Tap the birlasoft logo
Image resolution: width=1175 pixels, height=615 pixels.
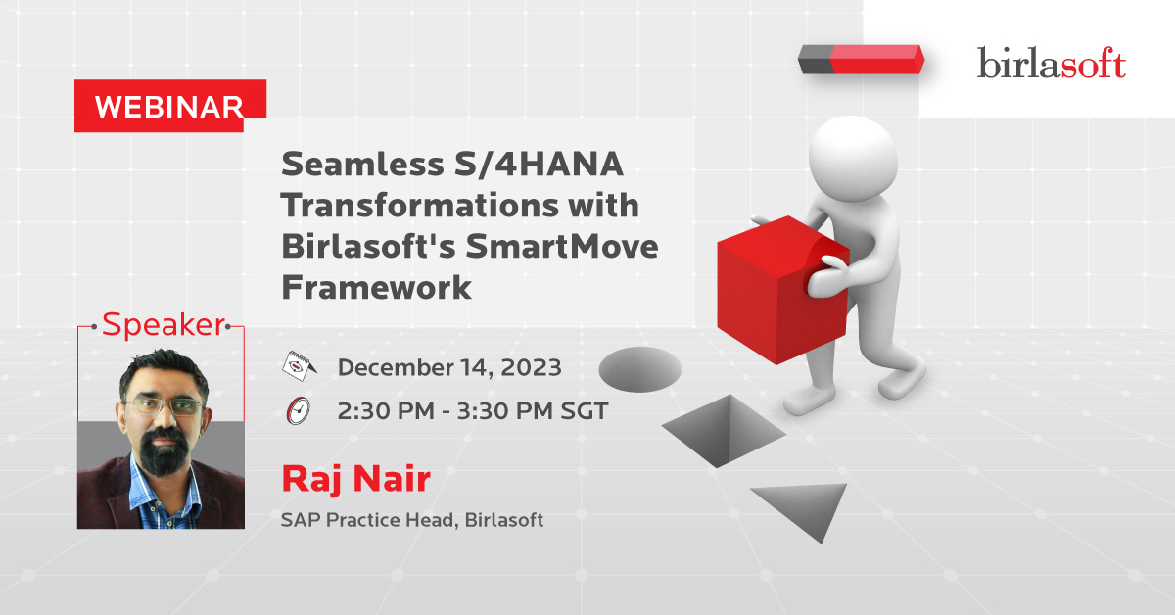[x=1052, y=63]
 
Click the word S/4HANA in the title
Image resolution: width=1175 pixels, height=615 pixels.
[x=539, y=165]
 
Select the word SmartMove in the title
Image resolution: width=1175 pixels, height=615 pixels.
[x=562, y=246]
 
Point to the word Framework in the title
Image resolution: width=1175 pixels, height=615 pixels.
[x=376, y=287]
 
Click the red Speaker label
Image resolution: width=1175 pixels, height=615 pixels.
[x=164, y=325]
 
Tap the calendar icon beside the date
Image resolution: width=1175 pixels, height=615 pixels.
[x=299, y=365]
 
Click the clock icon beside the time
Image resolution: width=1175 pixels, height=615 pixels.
[x=299, y=411]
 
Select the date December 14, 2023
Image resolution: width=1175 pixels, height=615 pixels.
[x=449, y=367]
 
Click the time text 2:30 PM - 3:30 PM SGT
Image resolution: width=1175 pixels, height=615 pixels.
[x=473, y=411]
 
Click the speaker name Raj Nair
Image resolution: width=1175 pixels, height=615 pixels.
[x=356, y=479]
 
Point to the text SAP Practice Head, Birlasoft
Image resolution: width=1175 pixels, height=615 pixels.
[x=412, y=520]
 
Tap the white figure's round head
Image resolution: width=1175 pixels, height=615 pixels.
[x=853, y=159]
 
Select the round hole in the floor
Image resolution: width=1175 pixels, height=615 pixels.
[x=640, y=369]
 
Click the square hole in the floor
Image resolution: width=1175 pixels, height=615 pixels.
[x=724, y=431]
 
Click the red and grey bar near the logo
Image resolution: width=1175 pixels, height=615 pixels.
[x=861, y=60]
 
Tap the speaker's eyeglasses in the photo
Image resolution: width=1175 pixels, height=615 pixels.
[x=164, y=406]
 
